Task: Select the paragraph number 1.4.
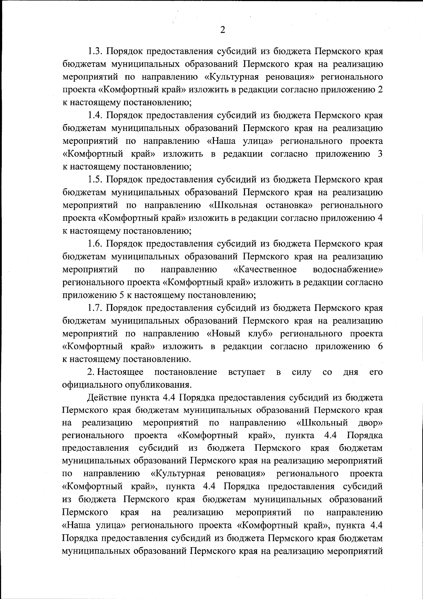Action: click(x=95, y=115)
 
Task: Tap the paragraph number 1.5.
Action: click(x=95, y=180)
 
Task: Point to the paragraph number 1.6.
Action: click(x=95, y=244)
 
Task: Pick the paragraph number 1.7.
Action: click(x=95, y=308)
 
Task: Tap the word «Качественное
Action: click(x=265, y=270)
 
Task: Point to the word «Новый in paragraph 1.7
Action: click(x=223, y=333)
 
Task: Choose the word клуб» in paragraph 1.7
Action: click(x=259, y=333)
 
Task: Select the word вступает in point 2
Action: click(x=246, y=372)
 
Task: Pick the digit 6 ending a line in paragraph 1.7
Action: click(x=380, y=347)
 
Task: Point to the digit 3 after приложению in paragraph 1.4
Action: click(x=380, y=154)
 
